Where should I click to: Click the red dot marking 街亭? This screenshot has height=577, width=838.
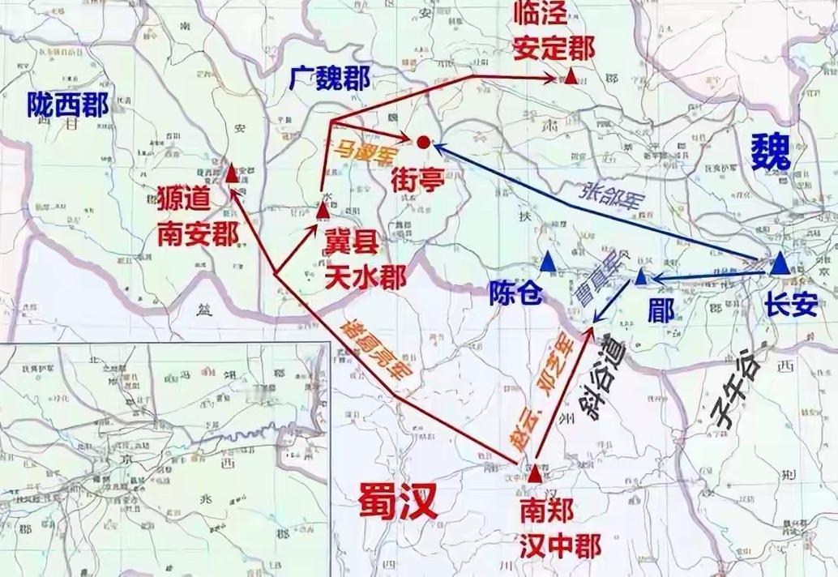click(423, 143)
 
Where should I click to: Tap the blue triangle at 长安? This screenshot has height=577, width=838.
click(780, 263)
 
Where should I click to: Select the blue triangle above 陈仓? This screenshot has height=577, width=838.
click(549, 260)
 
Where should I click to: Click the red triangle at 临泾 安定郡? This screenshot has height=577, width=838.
click(571, 78)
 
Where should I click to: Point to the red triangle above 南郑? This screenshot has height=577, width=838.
click(535, 471)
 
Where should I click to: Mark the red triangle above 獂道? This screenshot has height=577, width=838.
click(232, 173)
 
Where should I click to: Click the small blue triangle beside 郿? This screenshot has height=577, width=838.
click(640, 278)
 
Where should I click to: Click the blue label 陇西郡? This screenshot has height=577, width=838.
click(66, 105)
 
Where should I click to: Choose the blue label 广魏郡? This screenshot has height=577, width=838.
click(329, 79)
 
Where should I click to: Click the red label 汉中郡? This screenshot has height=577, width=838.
click(561, 548)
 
